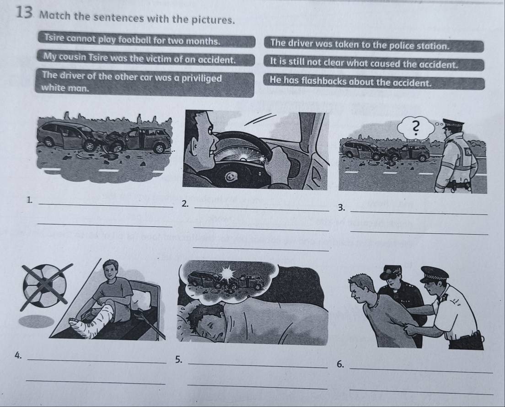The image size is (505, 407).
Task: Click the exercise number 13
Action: (x=23, y=12)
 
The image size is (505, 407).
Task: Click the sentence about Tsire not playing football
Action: (x=133, y=40)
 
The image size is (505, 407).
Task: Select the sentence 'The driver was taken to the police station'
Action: (x=360, y=44)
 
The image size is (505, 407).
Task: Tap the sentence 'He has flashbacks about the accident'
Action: (x=350, y=82)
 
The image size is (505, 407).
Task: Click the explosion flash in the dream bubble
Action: (x=228, y=273)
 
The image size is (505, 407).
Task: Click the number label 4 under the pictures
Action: (x=19, y=355)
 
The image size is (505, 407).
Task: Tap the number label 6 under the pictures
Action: (x=340, y=364)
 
